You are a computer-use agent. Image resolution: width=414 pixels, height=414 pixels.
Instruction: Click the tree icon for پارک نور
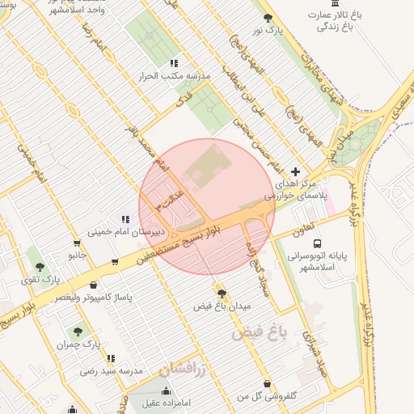point(268,18)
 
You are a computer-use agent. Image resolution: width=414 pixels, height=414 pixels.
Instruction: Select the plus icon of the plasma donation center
point(295,171)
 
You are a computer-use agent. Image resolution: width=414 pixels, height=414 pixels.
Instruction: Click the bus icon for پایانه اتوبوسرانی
point(317,243)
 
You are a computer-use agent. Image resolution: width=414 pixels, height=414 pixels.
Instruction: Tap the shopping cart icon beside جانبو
point(77,243)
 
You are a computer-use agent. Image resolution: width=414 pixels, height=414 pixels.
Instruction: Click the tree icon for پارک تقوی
point(40,267)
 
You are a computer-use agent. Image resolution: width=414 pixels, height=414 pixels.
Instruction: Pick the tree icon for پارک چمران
point(78,331)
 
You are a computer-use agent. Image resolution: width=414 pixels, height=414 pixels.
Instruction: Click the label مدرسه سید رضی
point(111,370)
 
